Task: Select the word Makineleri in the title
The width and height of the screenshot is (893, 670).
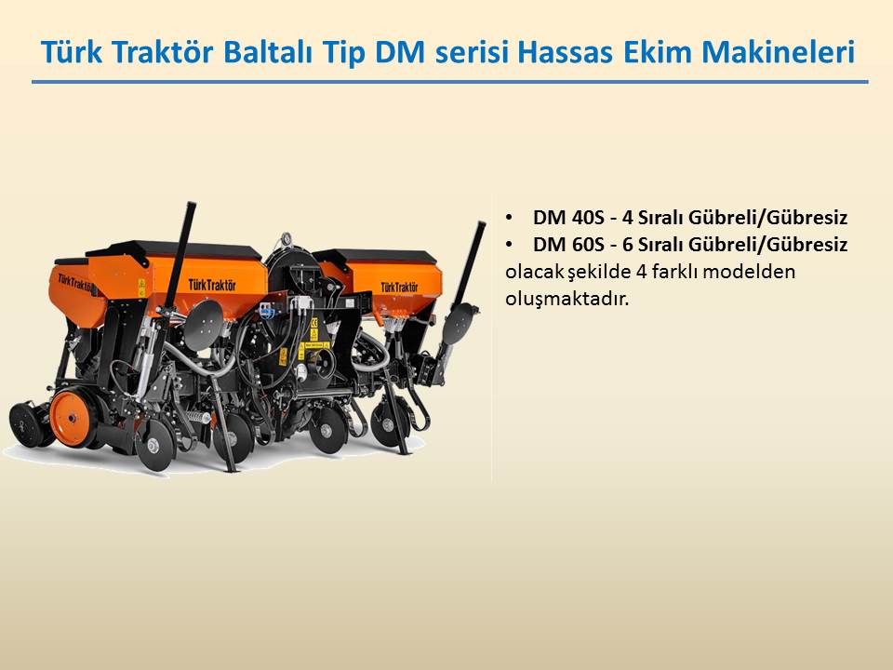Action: [778, 51]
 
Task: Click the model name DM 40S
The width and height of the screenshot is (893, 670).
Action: [567, 217]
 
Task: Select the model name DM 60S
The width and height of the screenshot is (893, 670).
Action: [567, 245]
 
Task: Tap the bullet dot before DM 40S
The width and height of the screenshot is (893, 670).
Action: [509, 218]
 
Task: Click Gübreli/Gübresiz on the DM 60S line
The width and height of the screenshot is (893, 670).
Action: [767, 245]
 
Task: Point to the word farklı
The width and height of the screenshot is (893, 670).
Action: [674, 271]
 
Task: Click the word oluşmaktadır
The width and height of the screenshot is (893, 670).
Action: [567, 299]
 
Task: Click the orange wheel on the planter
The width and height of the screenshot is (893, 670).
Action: [72, 419]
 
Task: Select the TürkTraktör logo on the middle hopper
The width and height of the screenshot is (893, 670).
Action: [212, 285]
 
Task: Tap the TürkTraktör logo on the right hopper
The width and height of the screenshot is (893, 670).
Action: [399, 288]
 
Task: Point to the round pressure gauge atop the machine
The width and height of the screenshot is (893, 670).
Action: [285, 239]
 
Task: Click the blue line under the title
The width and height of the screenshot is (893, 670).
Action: [450, 82]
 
